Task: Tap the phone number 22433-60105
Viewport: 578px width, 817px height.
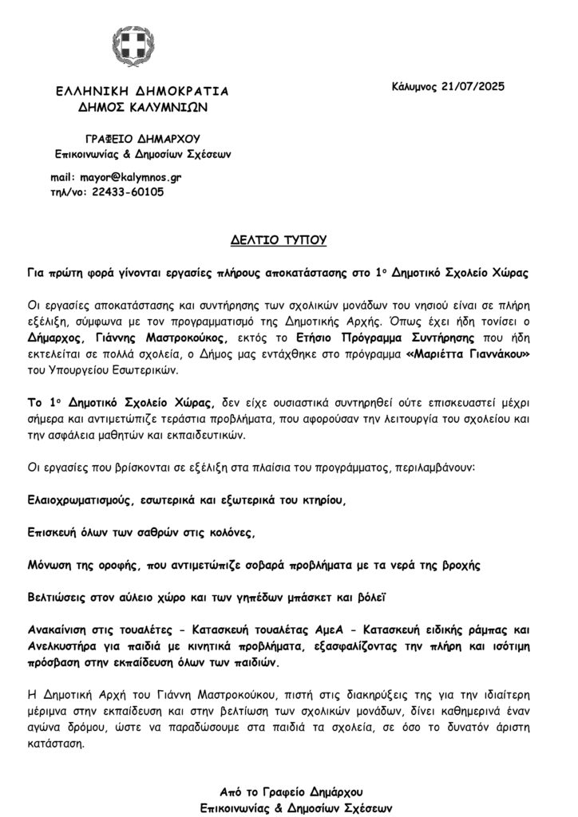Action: (x=127, y=191)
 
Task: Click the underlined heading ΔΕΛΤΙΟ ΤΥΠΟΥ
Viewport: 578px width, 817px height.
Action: (x=288, y=239)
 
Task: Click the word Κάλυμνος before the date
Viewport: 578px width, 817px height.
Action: (x=414, y=85)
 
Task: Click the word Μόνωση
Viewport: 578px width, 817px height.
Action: (x=49, y=563)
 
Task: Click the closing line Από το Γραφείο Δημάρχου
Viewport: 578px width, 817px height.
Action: (x=291, y=791)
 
